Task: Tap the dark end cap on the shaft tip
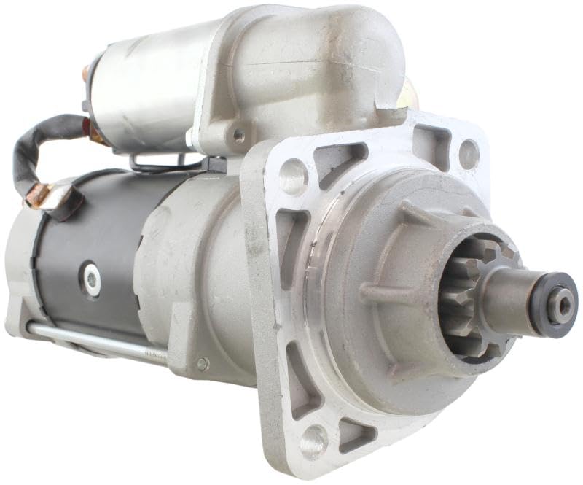pos(557,305)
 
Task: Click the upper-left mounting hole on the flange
pos(294,177)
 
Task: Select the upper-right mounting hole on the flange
pos(469,154)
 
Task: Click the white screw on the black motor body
pos(92,279)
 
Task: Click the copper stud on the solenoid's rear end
pos(85,73)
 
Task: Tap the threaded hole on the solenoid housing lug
pos(238,135)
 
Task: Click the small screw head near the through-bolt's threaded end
pos(203,363)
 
